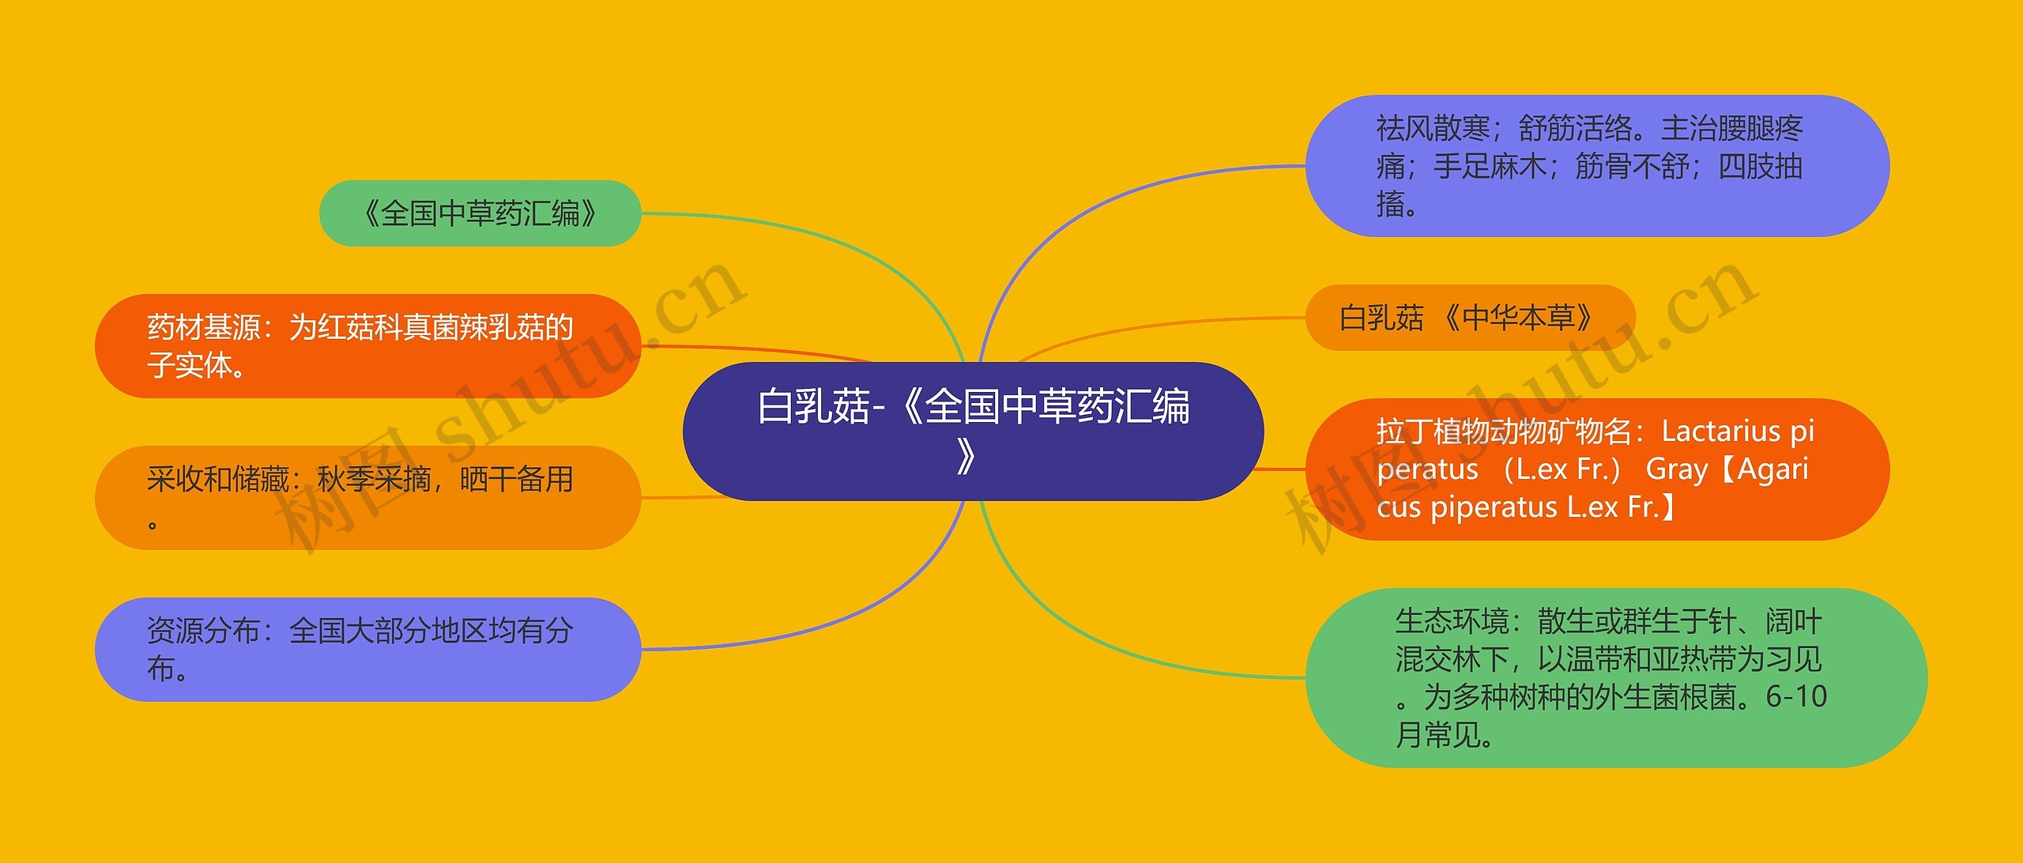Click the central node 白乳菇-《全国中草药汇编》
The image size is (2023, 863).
coord(973,431)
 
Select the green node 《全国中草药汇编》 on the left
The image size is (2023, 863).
coord(480,213)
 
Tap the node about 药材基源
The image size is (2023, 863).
coord(367,346)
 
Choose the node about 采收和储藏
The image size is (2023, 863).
coord(367,498)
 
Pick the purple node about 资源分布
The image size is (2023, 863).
coord(367,650)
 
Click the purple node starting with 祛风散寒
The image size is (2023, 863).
coord(1596,166)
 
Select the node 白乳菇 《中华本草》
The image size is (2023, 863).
coord(1470,318)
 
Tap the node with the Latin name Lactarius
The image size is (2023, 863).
coord(1596,469)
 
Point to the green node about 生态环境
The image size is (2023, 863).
coord(1616,678)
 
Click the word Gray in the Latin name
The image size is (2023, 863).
coord(1677,469)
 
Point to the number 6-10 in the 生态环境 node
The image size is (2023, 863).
coord(1796,697)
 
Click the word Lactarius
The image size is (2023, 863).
coord(1720,431)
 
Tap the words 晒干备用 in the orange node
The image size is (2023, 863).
coord(516,480)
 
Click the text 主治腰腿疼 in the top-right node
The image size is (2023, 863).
coord(1731,128)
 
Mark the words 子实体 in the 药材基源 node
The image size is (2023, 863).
coord(190,365)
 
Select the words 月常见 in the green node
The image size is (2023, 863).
coord(1438,735)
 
